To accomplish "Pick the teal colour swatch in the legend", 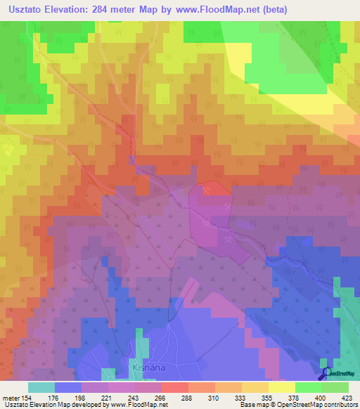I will [41, 387].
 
